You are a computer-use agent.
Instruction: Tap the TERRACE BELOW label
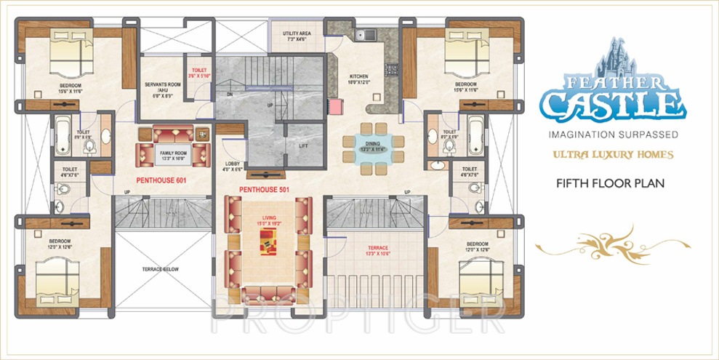click(160, 269)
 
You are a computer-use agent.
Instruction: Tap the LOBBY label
click(233, 167)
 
